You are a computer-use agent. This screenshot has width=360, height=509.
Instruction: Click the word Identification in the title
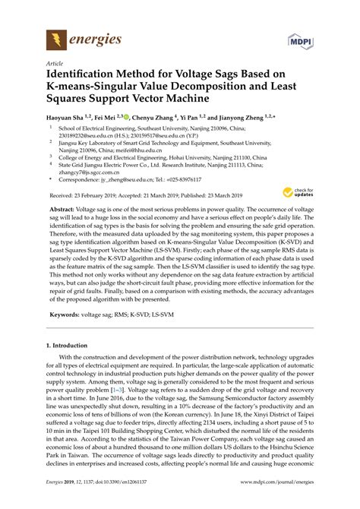pyautogui.click(x=84, y=77)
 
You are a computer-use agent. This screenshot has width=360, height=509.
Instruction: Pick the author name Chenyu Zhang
pyautogui.click(x=152, y=118)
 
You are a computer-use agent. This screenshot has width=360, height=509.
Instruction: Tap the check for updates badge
pyautogui.click(x=305, y=194)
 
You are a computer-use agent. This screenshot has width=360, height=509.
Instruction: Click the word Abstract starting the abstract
pyautogui.click(x=66, y=208)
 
